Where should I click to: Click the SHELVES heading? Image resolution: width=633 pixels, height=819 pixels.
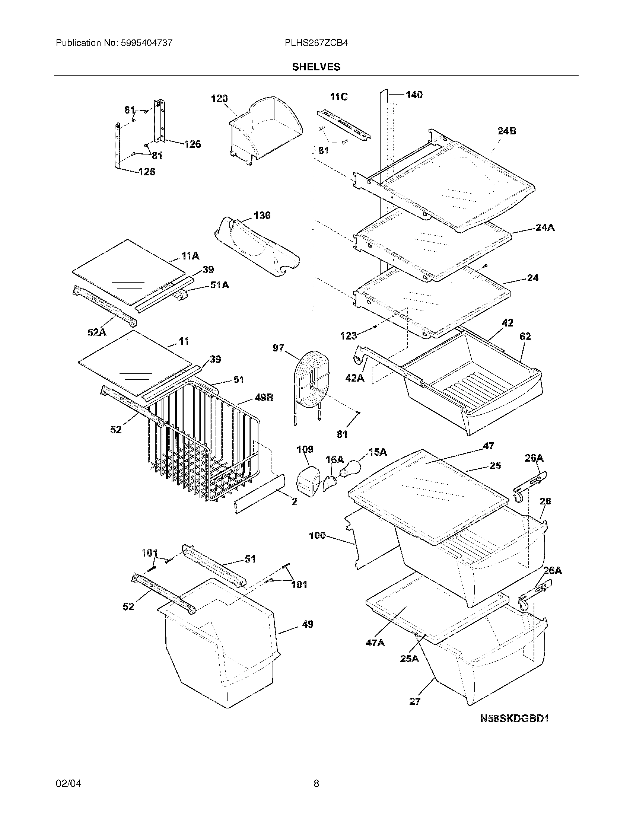pyautogui.click(x=316, y=67)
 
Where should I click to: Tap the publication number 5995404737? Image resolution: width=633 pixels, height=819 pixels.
pyautogui.click(x=146, y=43)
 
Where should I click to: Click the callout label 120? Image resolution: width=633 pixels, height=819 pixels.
pyautogui.click(x=219, y=99)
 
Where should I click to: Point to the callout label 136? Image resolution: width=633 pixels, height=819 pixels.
pyautogui.click(x=262, y=216)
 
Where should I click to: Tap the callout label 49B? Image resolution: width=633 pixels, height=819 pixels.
pyautogui.click(x=264, y=398)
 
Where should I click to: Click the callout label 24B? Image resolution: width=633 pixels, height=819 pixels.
pyautogui.click(x=507, y=131)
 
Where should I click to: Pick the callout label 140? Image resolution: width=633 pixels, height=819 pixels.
pyautogui.click(x=414, y=95)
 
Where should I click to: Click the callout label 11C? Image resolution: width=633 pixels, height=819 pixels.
pyautogui.click(x=338, y=97)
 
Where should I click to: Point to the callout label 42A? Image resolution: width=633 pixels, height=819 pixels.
pyautogui.click(x=355, y=378)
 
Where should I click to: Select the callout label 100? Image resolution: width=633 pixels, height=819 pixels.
pyautogui.click(x=317, y=535)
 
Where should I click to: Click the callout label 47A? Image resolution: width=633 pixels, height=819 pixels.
pyautogui.click(x=375, y=643)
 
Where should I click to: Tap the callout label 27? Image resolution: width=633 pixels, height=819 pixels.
pyautogui.click(x=415, y=702)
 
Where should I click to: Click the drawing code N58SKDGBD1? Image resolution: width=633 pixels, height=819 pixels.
pyautogui.click(x=515, y=718)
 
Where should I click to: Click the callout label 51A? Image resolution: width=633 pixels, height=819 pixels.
pyautogui.click(x=219, y=285)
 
